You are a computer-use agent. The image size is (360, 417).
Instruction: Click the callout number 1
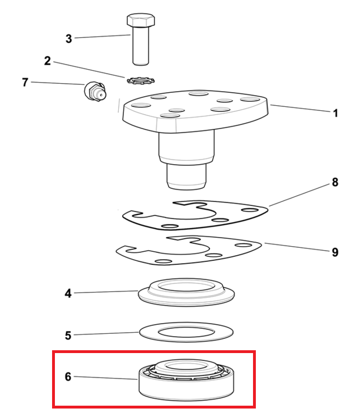[336, 113]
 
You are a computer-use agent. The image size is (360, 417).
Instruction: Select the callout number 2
[48, 61]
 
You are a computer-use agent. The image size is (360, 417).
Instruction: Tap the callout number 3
[68, 39]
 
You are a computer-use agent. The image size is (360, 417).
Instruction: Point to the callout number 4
[68, 293]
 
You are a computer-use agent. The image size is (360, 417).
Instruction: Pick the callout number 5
[68, 336]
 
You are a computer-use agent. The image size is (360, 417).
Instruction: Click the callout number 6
[68, 377]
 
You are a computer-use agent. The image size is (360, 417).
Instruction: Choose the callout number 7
[25, 82]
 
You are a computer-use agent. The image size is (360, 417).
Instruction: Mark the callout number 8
[335, 182]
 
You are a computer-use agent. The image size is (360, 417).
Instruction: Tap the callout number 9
[335, 252]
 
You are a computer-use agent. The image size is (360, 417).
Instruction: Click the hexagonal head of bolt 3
[141, 20]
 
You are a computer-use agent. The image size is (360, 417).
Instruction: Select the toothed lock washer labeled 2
[141, 80]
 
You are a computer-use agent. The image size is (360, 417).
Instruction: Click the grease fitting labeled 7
[95, 91]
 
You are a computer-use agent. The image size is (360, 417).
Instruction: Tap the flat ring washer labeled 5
[186, 332]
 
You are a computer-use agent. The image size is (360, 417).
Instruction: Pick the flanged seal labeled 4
[186, 292]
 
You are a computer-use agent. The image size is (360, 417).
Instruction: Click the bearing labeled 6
[186, 380]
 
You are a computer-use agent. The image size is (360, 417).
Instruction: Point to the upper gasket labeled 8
[195, 216]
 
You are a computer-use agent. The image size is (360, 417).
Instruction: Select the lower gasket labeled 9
[188, 250]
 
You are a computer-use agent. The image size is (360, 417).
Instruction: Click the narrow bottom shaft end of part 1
[186, 176]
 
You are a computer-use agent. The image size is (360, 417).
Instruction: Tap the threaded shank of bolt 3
[141, 46]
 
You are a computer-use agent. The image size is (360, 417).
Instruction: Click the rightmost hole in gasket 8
[249, 210]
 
